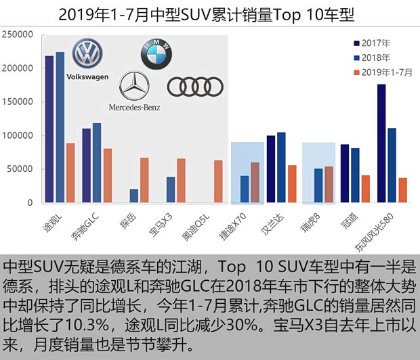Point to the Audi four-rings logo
pos(195,86)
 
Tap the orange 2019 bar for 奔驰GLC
pos(108,175)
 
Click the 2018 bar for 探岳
pos(134,196)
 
